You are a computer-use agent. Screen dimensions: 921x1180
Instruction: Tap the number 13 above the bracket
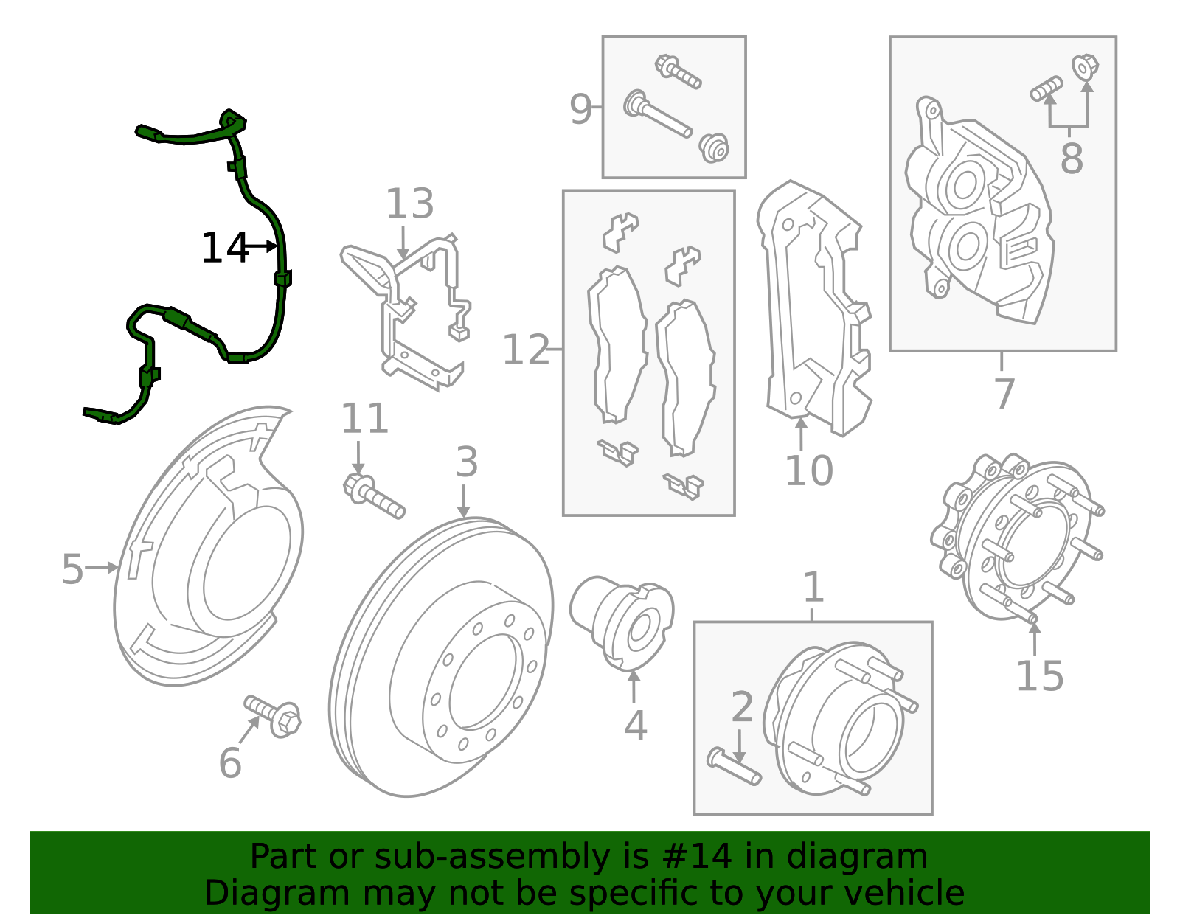point(409,204)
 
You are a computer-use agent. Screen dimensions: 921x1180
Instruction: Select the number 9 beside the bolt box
point(580,109)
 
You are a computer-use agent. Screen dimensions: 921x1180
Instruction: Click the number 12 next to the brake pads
point(525,350)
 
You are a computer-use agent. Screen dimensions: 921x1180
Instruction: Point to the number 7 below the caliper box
point(1004,393)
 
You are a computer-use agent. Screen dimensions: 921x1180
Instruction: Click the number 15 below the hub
point(1039,675)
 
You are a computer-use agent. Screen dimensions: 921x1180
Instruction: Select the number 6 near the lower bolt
point(230,762)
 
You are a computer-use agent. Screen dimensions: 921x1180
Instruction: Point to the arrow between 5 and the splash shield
point(102,568)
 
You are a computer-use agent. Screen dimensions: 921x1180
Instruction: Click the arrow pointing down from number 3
point(463,501)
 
